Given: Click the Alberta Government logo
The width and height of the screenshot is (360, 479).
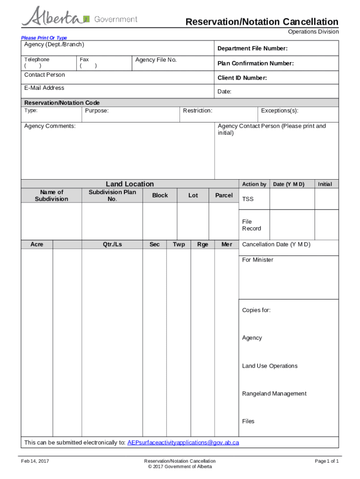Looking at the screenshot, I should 79,18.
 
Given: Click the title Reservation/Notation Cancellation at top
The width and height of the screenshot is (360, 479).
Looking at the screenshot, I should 262,22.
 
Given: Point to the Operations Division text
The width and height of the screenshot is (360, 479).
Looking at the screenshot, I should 313,32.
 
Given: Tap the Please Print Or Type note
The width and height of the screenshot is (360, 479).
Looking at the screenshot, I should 44,38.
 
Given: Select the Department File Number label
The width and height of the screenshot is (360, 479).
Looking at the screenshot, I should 252,49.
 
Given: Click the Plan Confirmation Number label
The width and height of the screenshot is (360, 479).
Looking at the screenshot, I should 255,63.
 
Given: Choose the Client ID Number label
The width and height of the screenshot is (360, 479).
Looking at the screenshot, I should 242,78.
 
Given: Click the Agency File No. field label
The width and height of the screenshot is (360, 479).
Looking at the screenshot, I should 156,60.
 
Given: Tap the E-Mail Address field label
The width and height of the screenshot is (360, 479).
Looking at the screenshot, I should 44,88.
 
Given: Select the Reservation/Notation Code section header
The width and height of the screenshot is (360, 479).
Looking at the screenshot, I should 62,103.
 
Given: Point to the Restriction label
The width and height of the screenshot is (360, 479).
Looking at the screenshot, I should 197,111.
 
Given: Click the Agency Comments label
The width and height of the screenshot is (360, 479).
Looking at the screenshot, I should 50,126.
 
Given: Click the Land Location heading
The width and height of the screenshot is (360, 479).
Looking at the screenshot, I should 130,184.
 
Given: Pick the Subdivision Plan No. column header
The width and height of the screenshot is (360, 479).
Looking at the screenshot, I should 112,196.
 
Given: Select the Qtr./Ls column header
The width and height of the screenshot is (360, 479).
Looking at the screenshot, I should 112,245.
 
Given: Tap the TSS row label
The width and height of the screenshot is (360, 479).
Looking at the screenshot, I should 248,199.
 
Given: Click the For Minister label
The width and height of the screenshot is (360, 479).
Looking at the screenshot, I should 258,260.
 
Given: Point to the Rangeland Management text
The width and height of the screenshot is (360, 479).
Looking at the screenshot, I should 274,394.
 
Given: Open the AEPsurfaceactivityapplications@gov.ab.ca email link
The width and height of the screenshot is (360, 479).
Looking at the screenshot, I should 183,443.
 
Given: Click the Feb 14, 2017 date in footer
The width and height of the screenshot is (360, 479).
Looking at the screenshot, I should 35,461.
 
